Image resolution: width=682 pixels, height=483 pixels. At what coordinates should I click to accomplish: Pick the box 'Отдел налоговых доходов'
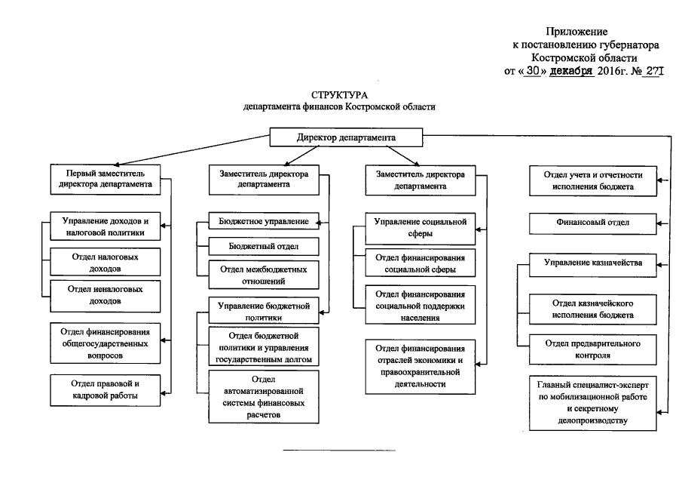105,262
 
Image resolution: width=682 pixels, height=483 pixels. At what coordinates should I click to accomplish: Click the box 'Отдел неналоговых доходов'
105,295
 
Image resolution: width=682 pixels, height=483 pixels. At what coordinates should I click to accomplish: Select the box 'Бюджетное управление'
263,221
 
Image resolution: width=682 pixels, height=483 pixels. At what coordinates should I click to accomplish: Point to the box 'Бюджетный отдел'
263,246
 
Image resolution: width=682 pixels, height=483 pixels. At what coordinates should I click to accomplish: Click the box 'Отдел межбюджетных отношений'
263,275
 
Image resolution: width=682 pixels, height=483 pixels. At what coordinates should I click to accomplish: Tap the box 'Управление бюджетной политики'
263,312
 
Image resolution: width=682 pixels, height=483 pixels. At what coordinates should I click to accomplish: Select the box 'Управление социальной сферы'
421,228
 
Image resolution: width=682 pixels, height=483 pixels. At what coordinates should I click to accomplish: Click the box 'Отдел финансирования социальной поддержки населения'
421,306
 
